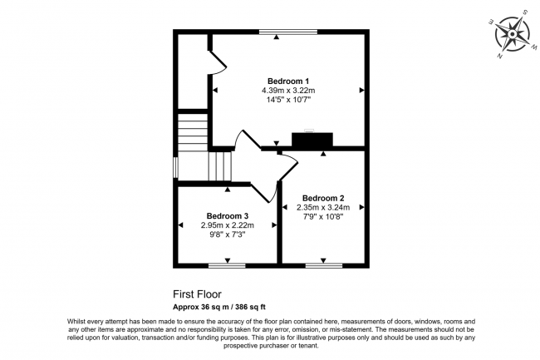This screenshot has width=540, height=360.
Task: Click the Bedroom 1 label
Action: pyautogui.click(x=288, y=81)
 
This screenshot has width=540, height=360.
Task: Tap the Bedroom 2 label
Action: pyautogui.click(x=323, y=198)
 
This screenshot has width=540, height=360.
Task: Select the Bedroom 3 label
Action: pyautogui.click(x=228, y=215)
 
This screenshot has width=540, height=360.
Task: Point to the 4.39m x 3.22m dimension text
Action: pyautogui.click(x=288, y=90)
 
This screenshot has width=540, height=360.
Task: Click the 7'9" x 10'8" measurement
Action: pyautogui.click(x=323, y=216)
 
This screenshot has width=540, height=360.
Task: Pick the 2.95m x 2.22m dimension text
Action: pyautogui.click(x=228, y=225)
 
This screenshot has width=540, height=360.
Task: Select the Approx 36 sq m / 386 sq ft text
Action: pyautogui.click(x=225, y=306)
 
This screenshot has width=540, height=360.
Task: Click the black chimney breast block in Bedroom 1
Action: pyautogui.click(x=312, y=141)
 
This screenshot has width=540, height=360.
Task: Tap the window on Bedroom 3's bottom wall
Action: pyautogui.click(x=227, y=265)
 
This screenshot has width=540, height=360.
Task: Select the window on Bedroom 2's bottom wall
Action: pyautogui.click(x=323, y=265)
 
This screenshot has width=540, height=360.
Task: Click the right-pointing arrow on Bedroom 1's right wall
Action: pyautogui.click(x=362, y=90)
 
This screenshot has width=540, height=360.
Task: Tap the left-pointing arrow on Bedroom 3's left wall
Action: pyautogui.click(x=181, y=224)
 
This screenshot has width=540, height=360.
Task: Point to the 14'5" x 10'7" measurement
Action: pyautogui.click(x=288, y=100)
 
